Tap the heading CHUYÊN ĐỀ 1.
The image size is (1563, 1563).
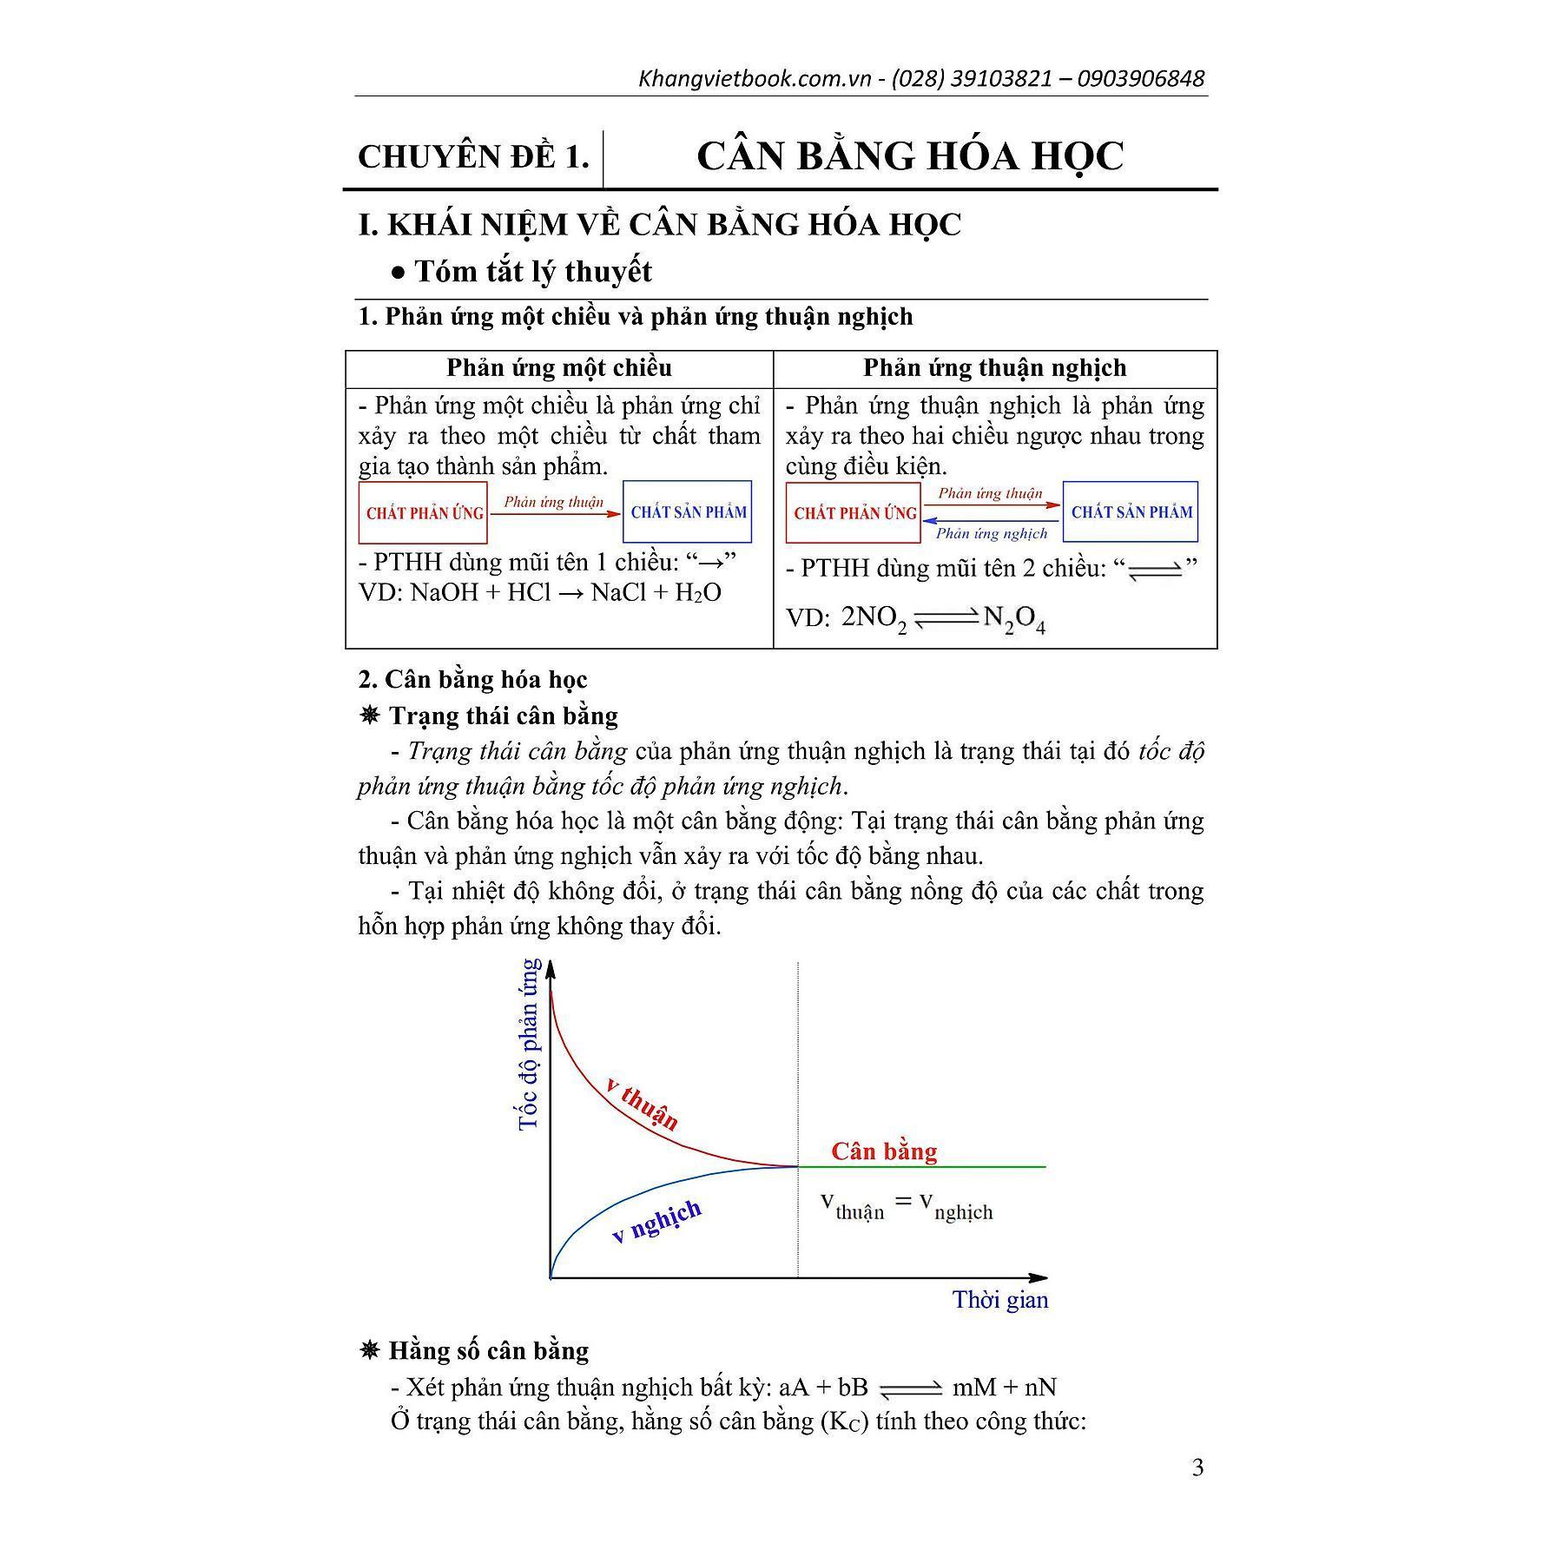click(x=473, y=157)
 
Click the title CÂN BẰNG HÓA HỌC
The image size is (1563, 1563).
click(x=910, y=156)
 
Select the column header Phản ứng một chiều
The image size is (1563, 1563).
click(x=559, y=367)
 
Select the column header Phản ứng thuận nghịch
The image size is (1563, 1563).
click(x=994, y=367)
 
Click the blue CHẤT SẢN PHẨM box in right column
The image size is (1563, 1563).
click(x=1131, y=511)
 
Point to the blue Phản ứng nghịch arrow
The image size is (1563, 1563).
click(x=991, y=520)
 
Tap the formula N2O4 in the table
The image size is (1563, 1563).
click(x=1014, y=620)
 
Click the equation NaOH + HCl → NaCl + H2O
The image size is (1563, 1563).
click(x=539, y=593)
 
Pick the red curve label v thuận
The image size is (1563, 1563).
click(x=643, y=1102)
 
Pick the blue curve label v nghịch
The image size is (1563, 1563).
click(x=656, y=1222)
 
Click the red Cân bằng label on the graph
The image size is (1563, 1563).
click(x=884, y=1151)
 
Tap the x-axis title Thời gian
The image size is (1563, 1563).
click(x=1000, y=1300)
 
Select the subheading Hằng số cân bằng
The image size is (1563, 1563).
click(x=488, y=1351)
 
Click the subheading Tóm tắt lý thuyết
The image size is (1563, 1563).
click(x=532, y=272)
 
